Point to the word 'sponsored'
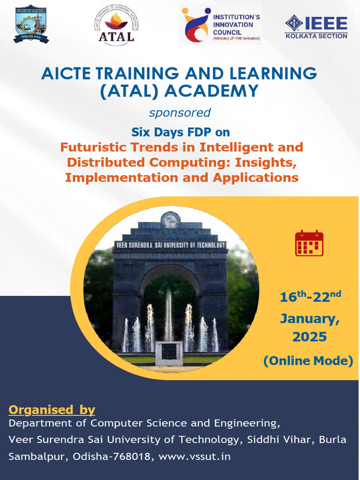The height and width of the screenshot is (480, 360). [180, 112]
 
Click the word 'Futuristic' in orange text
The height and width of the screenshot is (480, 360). [94, 147]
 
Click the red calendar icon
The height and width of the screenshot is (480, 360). [309, 243]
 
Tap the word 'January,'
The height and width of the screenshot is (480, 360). [310, 319]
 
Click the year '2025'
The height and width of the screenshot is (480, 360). [309, 337]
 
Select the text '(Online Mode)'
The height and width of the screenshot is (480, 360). [308, 360]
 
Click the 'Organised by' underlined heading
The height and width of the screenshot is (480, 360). [52, 410]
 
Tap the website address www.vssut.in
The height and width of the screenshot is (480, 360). [195, 456]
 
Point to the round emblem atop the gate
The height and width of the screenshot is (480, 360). [170, 219]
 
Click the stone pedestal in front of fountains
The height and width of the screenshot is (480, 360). [169, 354]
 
